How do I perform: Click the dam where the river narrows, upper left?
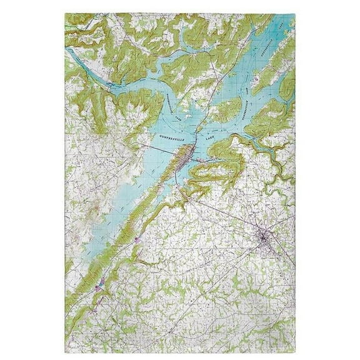pyautogui.click(x=111, y=82)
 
